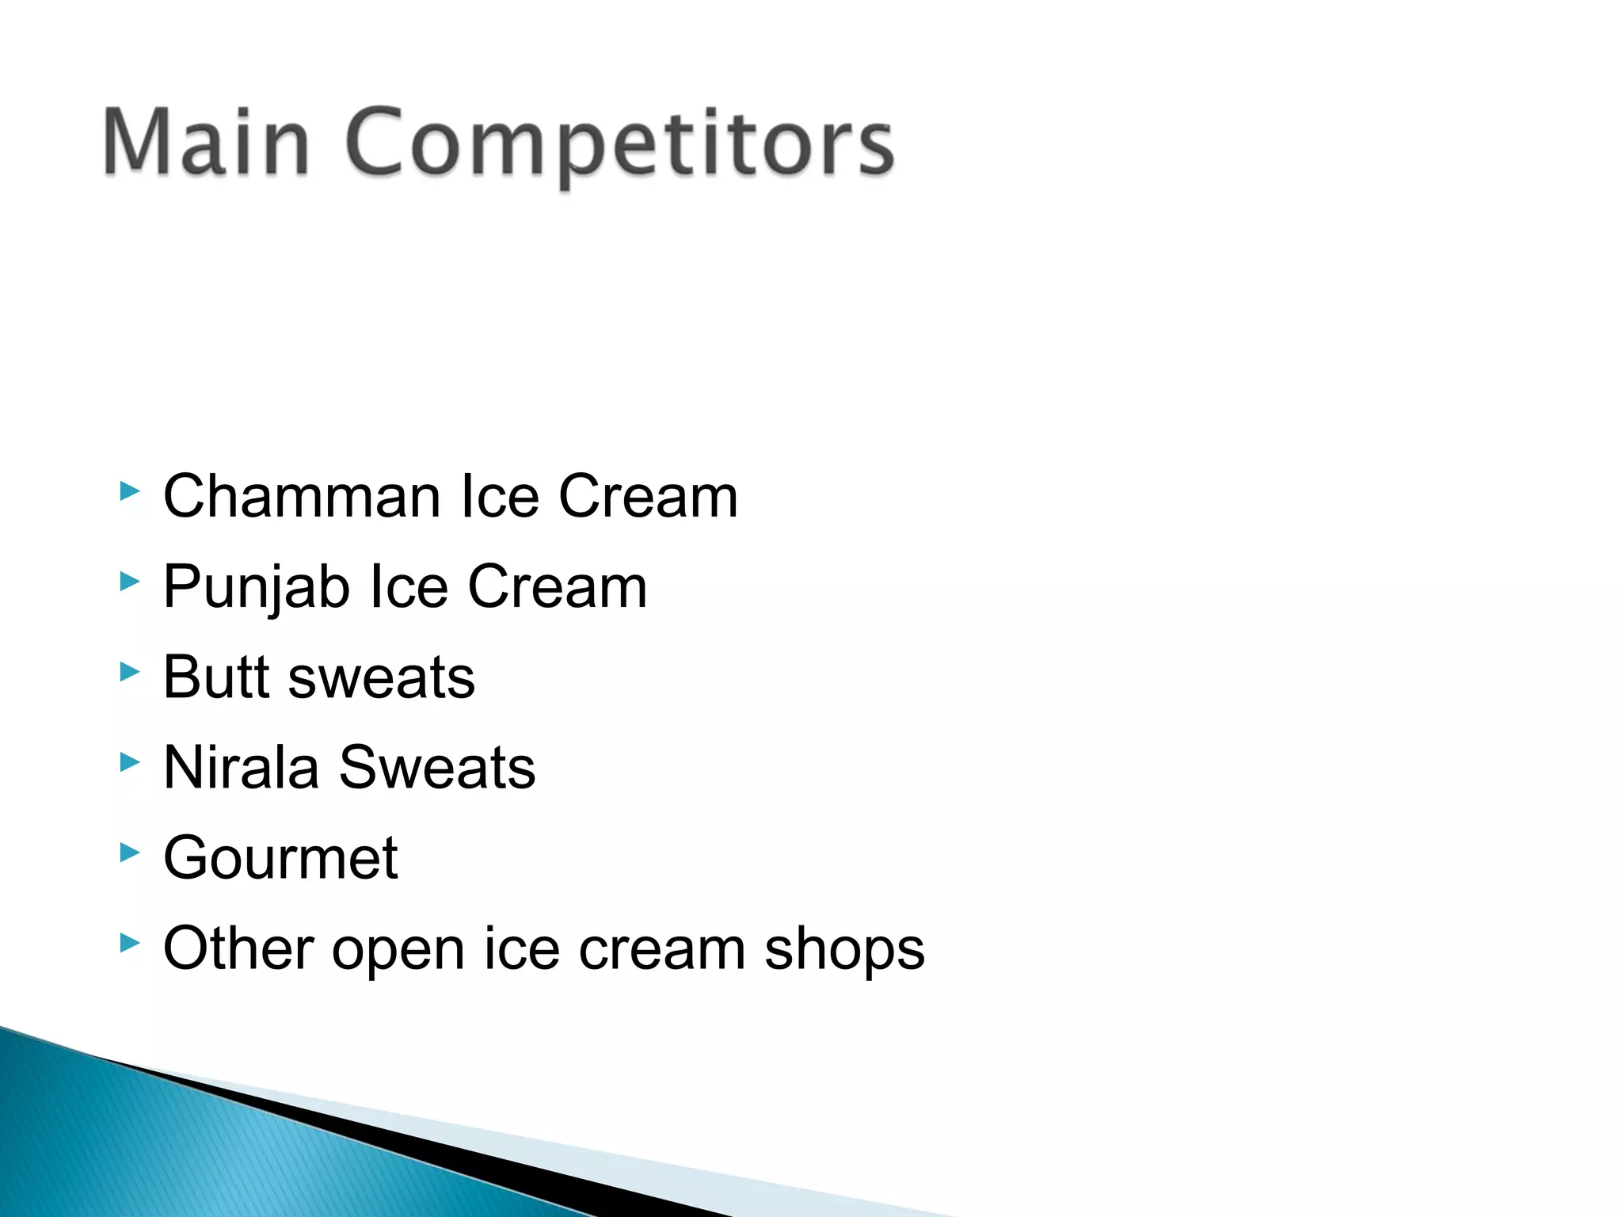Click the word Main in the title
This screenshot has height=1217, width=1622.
pos(206,143)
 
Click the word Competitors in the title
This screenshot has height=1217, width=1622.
pos(619,144)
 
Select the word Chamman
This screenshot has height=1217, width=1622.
pos(301,497)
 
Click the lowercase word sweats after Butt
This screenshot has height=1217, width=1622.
pos(382,679)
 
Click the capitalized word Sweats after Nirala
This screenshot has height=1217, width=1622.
pos(437,768)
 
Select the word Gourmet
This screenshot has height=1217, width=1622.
pos(280,858)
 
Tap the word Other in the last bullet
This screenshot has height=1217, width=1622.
pos(238,948)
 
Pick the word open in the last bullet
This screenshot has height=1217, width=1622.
pos(398,952)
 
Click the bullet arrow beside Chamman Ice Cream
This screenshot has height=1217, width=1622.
pos(129,492)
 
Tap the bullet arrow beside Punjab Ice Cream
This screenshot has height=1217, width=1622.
pos(129,582)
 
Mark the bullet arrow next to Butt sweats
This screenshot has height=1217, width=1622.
pos(129,673)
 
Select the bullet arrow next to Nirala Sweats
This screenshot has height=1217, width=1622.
pos(129,763)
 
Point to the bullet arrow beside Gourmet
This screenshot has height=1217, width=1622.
pos(129,853)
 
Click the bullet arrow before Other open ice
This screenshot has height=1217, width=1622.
pos(129,944)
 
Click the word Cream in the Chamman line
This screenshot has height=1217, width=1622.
pos(648,497)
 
